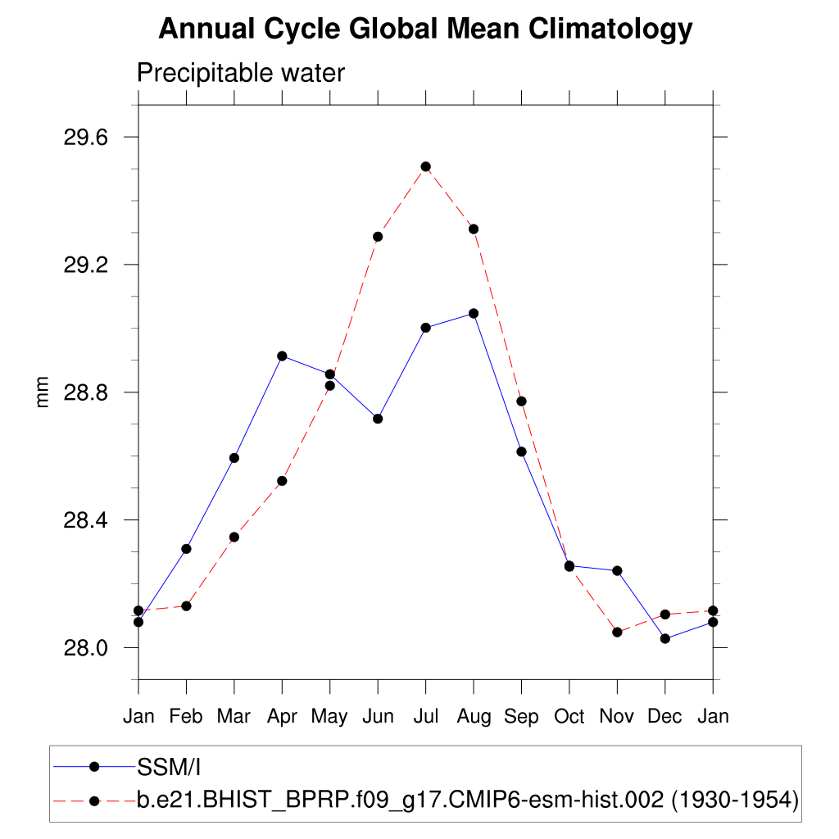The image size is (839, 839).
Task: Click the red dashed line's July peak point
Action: [x=426, y=166]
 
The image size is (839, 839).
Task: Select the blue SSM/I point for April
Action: [x=282, y=356]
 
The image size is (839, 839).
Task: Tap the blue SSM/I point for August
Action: [x=474, y=313]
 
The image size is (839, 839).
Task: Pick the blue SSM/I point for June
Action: [x=378, y=419]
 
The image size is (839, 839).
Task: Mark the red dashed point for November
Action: [x=617, y=633]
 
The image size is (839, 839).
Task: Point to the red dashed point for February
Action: [x=186, y=606]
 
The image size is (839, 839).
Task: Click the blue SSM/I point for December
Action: [x=665, y=639]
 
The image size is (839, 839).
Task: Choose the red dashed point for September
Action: [x=521, y=401]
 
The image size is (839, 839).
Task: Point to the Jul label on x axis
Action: [x=426, y=717]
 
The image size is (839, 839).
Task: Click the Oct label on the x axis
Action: [x=569, y=717]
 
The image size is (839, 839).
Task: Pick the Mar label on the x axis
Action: [x=234, y=717]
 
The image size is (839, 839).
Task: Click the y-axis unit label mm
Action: [x=43, y=392]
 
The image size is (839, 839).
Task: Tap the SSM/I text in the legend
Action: [x=170, y=767]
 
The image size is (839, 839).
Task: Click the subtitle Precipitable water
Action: [x=241, y=73]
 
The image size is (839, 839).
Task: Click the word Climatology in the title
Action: [x=610, y=29]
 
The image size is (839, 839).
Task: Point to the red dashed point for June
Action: [x=378, y=237]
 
